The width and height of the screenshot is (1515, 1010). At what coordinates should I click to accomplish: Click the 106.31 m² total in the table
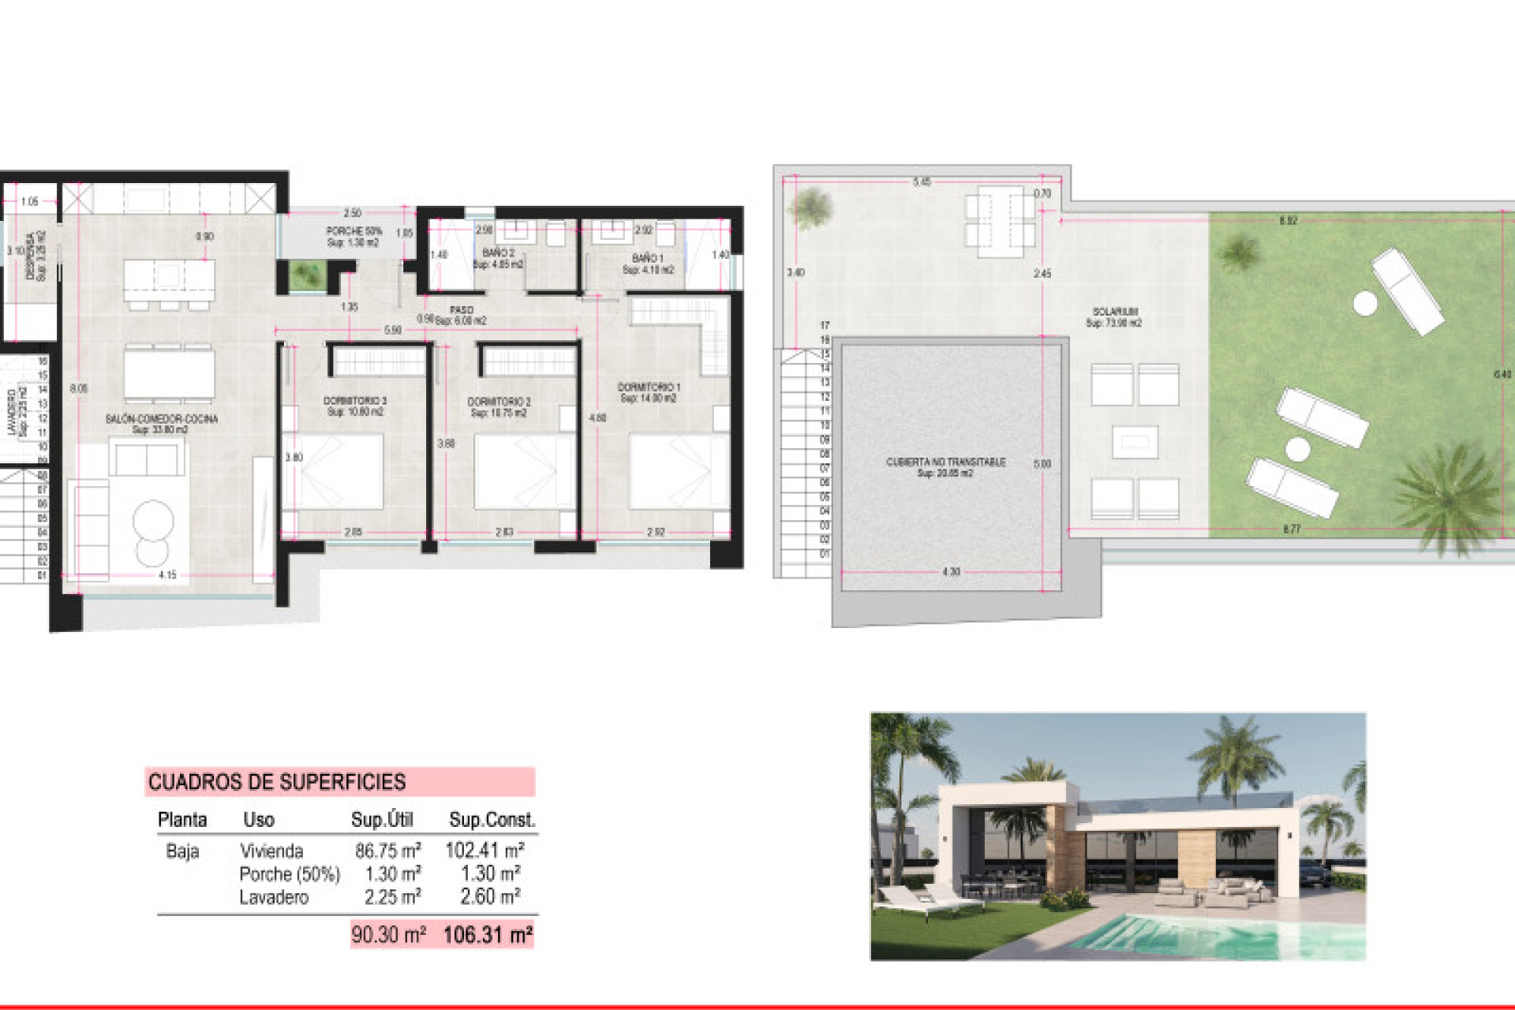[488, 935]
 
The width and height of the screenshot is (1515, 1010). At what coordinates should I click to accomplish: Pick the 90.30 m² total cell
[388, 935]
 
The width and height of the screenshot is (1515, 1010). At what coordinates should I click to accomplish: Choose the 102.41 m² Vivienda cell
[484, 851]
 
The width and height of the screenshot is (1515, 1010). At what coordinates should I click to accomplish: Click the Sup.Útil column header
[382, 820]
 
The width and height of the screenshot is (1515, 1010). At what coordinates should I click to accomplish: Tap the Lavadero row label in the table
[274, 897]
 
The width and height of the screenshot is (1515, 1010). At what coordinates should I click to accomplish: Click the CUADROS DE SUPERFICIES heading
[277, 782]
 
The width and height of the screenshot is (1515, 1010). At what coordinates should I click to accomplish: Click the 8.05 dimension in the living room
[79, 388]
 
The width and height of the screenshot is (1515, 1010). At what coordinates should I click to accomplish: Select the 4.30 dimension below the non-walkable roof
[951, 572]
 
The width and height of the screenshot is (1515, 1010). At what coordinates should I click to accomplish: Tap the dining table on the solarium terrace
[1000, 221]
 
